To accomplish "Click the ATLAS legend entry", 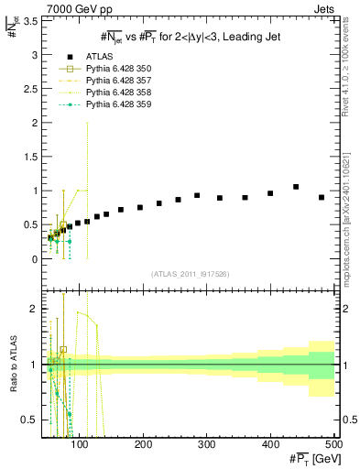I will pyautogui.click(x=96, y=57).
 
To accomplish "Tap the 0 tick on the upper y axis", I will pyautogui.click(x=33, y=259).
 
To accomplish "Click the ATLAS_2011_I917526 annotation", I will pyautogui.click(x=189, y=273).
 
